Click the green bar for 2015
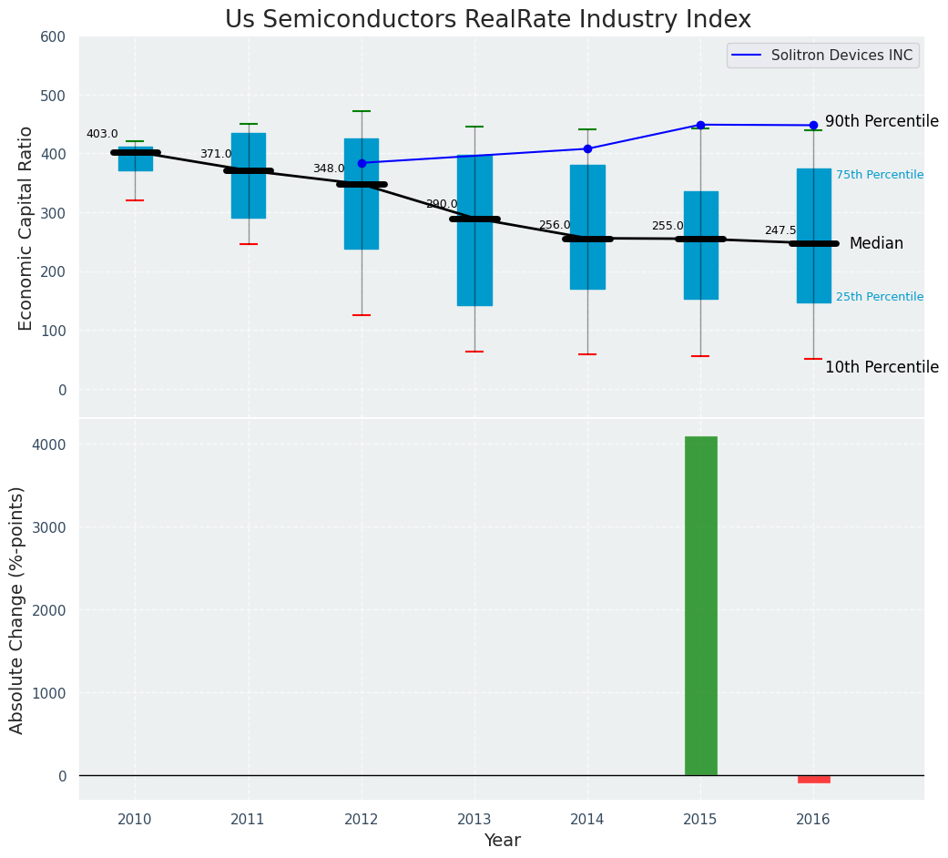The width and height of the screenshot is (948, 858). [x=700, y=606]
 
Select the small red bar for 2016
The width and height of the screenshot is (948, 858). [x=813, y=780]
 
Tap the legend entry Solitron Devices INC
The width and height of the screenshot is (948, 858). [x=841, y=56]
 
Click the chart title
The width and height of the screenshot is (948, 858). [x=488, y=20]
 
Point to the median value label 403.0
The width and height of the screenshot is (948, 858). [x=102, y=134]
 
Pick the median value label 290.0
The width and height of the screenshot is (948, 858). [x=442, y=204]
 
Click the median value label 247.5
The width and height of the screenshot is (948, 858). [x=780, y=230]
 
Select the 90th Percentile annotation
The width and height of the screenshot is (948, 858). [x=882, y=121]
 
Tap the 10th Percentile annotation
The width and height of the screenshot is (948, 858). [x=882, y=367]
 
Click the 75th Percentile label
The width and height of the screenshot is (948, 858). [x=880, y=175]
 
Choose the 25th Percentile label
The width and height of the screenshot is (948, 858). [x=880, y=297]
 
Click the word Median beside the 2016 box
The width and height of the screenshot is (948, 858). [x=876, y=243]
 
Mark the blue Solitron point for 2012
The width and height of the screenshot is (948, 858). [x=362, y=163]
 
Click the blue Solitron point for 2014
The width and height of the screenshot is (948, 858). [x=587, y=148]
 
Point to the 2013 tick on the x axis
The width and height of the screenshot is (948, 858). [x=474, y=820]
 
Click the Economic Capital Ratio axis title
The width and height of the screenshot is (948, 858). [x=26, y=228]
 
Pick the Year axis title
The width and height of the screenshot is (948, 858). [x=502, y=841]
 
